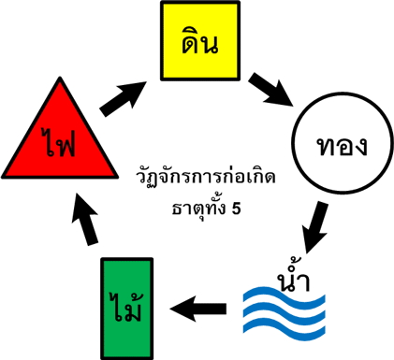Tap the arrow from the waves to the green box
pos(201,306)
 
